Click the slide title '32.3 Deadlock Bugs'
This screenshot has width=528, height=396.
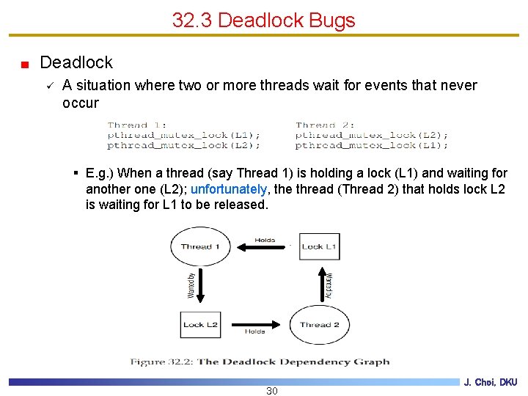click(263, 20)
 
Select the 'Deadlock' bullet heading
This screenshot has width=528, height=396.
click(76, 62)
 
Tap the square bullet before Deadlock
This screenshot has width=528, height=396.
click(25, 64)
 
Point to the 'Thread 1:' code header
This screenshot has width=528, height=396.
click(137, 125)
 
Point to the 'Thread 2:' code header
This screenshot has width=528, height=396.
click(325, 125)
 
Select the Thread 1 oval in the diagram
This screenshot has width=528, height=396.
click(200, 246)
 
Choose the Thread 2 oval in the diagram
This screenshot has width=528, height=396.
click(319, 324)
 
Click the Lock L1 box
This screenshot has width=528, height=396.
click(319, 246)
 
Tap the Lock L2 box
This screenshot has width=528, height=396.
click(200, 324)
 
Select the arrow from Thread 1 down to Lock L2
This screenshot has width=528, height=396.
click(201, 285)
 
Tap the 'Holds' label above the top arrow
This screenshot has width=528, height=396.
click(265, 240)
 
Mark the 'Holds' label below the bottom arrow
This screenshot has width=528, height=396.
click(254, 332)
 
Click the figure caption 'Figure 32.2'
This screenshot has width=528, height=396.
click(260, 362)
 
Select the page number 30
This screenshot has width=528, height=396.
click(271, 391)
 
